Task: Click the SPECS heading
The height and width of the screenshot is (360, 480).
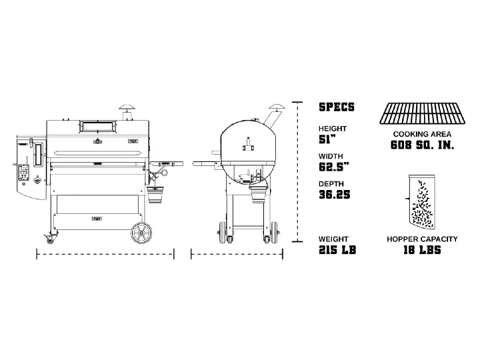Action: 337,107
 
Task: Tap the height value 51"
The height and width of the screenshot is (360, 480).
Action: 327,139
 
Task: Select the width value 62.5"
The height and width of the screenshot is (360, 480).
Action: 334,167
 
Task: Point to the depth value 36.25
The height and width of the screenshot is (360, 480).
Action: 334,195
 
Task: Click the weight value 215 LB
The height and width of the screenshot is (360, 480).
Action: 337,250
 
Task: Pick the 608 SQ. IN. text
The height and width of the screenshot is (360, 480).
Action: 422,145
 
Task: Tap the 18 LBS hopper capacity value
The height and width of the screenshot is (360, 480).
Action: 422,250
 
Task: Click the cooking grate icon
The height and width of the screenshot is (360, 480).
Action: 422,113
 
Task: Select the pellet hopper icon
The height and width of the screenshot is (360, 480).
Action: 421,202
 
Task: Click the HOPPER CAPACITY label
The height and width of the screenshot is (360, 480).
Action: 422,239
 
